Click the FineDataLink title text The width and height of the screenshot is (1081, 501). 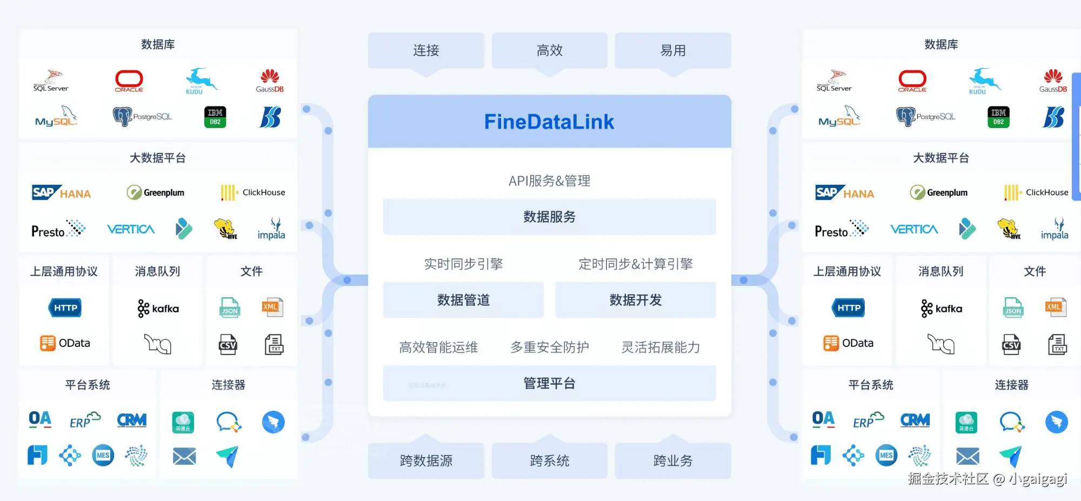tap(549, 122)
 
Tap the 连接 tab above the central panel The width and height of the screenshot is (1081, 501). tap(426, 50)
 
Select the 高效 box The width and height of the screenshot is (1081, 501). tap(550, 50)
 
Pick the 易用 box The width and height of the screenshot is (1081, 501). tap(673, 50)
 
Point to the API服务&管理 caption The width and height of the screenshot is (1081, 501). tap(549, 181)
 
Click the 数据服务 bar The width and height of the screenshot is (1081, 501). tap(549, 217)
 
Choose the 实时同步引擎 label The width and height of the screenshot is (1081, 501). tap(463, 264)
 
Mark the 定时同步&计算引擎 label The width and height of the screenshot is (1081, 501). tap(636, 264)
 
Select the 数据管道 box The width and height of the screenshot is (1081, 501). tap(463, 300)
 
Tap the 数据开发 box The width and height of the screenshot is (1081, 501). tap(636, 300)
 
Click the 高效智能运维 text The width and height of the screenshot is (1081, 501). tap(438, 347)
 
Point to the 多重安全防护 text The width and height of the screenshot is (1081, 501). tap(550, 347)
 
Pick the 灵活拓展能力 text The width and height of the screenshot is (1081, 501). tap(660, 347)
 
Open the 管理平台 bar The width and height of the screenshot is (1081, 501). tap(549, 383)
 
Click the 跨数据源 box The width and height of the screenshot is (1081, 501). tap(426, 460)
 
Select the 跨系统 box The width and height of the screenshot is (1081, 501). tap(550, 460)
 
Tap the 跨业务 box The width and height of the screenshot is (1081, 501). tap(673, 460)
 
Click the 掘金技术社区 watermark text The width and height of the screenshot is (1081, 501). tap(948, 479)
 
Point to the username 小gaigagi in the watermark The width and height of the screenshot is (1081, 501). tap(1038, 479)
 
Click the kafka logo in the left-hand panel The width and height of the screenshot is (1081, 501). tap(158, 309)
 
